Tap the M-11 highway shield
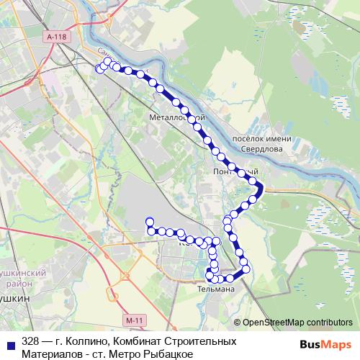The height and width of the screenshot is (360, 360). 130,318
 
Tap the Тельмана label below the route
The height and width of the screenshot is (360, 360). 215,289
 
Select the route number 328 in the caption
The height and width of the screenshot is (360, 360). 30,339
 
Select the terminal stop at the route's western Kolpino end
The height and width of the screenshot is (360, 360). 149,221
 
